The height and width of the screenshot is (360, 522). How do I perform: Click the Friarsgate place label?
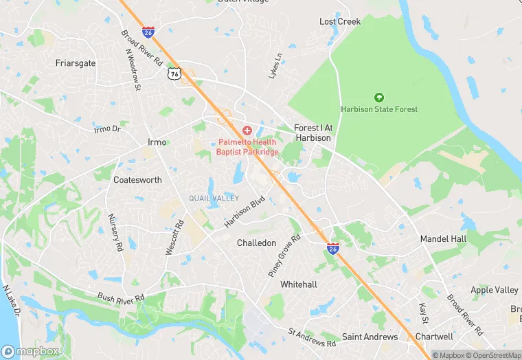coord(76,63)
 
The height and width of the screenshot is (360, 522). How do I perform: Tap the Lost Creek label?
coord(340,22)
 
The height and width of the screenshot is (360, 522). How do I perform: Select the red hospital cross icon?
coord(247,131)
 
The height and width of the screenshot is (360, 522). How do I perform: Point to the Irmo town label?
coord(157,142)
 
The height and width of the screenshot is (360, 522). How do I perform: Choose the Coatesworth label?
coord(137,180)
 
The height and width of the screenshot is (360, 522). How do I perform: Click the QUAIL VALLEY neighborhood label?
coord(214,199)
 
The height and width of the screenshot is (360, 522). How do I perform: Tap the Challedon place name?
coord(256,243)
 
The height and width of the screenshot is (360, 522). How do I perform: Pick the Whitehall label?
coord(299,284)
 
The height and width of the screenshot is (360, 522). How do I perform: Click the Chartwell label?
coord(434,337)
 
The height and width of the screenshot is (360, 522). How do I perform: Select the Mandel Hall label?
coord(444,239)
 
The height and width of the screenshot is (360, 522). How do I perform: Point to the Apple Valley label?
coord(495,291)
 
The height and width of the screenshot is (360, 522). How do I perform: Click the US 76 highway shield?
coord(175,74)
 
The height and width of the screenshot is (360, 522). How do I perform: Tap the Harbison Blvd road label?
coord(245,213)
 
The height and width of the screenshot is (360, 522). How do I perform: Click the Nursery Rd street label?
coord(115,232)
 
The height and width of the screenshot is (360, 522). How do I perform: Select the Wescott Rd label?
coord(175,238)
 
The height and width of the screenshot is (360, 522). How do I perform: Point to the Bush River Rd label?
coord(121,297)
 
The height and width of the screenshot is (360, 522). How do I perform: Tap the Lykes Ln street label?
coord(275,66)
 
